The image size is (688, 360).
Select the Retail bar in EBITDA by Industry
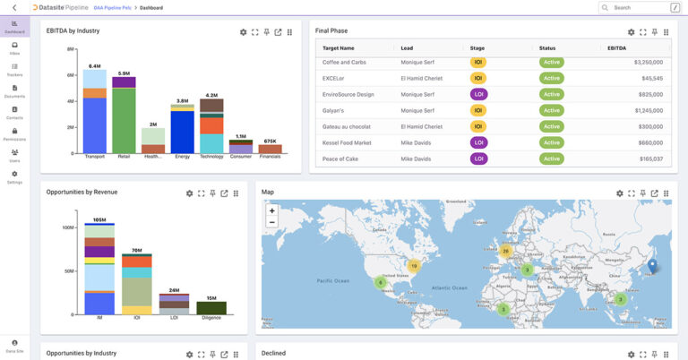(124, 116)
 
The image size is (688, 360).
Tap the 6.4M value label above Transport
(94, 66)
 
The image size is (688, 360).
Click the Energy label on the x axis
(182, 157)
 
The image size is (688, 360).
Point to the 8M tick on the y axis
(69, 49)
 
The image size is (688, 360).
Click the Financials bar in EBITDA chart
(270, 149)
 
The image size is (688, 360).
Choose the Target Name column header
(339, 47)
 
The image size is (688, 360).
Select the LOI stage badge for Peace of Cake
(478, 159)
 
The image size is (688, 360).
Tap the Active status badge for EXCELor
(551, 79)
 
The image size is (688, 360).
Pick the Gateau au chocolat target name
(347, 126)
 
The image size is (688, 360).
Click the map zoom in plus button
(272, 211)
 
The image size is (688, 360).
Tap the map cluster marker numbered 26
(505, 251)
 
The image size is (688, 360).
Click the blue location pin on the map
(652, 265)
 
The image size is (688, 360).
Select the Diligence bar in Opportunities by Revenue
(211, 307)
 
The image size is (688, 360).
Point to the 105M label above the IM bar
(99, 220)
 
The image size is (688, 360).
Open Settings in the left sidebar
(14, 176)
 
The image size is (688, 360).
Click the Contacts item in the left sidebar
(14, 112)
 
